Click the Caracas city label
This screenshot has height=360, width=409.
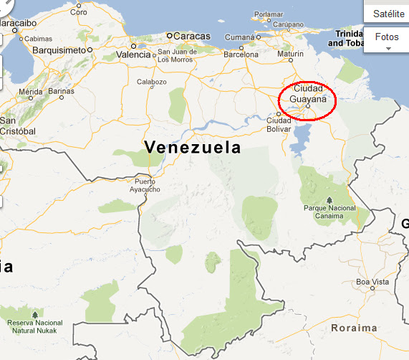coord(193,35)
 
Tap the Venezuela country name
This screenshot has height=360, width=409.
coord(193,148)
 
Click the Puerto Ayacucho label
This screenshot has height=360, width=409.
coord(146,185)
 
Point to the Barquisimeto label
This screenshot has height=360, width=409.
coord(59,50)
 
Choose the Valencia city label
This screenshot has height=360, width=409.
coord(134,54)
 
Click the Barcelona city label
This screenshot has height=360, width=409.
coord(240,54)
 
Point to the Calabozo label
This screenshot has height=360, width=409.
coord(151,82)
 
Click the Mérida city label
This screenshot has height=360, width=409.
coord(31,92)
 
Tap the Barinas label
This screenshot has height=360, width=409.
coord(62,92)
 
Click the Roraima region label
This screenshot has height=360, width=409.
coord(354,328)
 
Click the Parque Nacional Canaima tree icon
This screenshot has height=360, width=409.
coord(329,199)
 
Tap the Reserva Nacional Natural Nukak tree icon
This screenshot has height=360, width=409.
coord(34,314)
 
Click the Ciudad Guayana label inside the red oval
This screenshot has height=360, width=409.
coord(308,95)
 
